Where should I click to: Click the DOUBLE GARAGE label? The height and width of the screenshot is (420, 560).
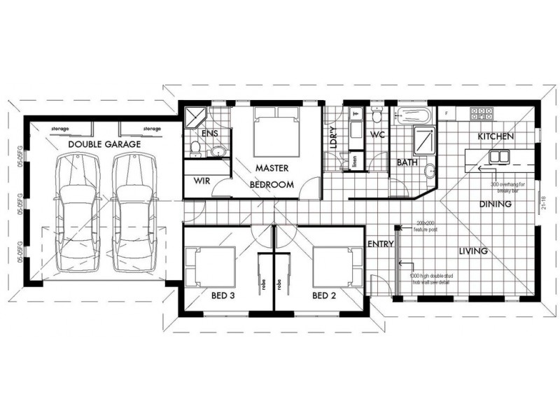click(x=104, y=144)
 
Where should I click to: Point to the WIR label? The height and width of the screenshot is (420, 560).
click(x=202, y=181)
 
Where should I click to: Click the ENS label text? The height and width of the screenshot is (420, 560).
click(x=209, y=134)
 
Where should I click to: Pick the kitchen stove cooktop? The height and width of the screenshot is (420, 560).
click(x=483, y=113)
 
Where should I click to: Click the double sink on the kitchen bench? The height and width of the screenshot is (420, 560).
click(x=502, y=156)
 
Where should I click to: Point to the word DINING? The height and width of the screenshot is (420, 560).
click(x=495, y=204)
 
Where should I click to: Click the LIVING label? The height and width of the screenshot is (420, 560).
click(x=473, y=250)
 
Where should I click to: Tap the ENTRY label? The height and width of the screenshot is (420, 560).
click(x=379, y=244)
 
